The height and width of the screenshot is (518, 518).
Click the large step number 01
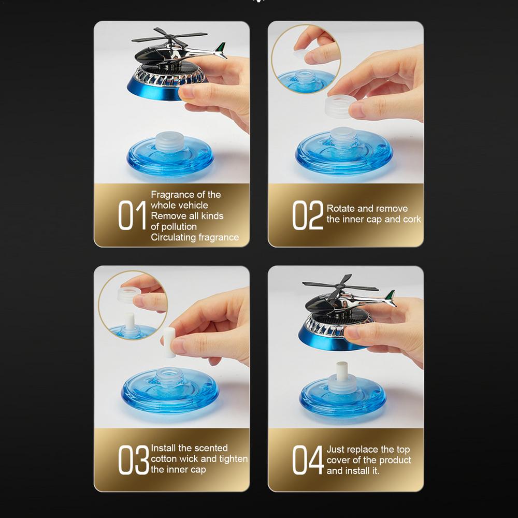point(132,215)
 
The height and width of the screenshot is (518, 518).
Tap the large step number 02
point(308,215)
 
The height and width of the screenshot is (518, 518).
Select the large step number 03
point(134,459)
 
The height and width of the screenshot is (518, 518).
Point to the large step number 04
point(308,459)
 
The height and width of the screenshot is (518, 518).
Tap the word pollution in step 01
point(179,227)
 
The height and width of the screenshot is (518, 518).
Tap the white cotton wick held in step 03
point(169,342)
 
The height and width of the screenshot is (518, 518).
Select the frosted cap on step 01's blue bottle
point(170,141)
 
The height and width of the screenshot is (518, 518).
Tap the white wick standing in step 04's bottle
point(342,371)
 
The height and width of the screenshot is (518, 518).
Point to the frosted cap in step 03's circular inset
point(126,295)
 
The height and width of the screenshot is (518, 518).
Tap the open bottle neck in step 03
point(169,376)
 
